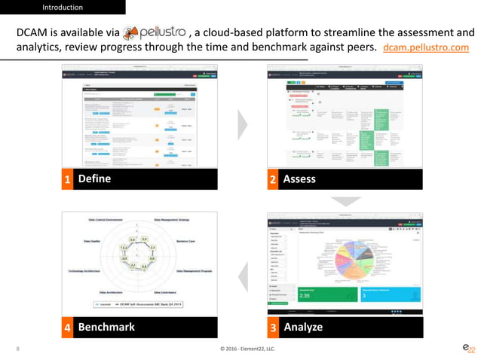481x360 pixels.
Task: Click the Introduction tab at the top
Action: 63,8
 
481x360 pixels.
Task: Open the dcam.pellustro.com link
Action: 426,47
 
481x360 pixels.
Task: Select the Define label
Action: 94,178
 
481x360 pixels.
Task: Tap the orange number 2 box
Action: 273,179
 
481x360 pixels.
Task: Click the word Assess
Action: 299,179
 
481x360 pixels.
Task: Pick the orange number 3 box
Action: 273,327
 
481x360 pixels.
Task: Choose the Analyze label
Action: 303,327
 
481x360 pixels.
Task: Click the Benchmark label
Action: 106,327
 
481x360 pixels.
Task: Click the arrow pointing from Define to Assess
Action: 243,124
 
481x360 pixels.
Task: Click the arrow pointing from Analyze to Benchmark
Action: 242,273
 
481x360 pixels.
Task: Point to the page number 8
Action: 17,349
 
